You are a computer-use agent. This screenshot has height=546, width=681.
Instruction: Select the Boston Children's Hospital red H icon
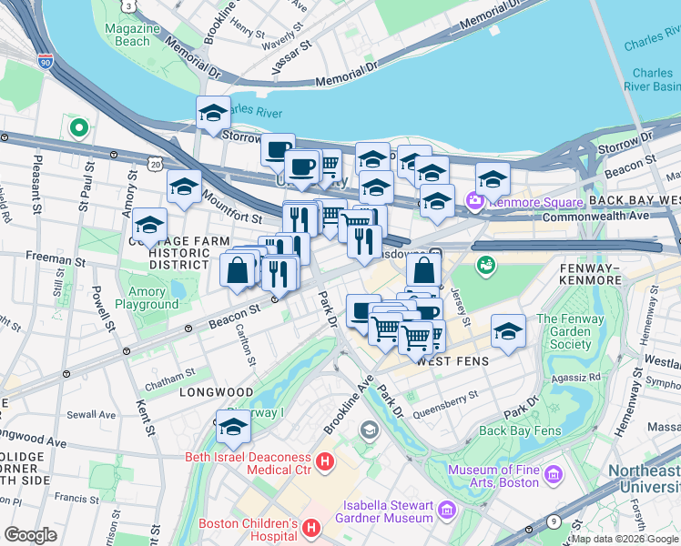coord(311,528)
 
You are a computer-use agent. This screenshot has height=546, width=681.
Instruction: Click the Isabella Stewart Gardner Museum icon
coord(446,510)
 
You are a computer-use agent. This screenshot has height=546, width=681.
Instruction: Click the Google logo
coord(31,535)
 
